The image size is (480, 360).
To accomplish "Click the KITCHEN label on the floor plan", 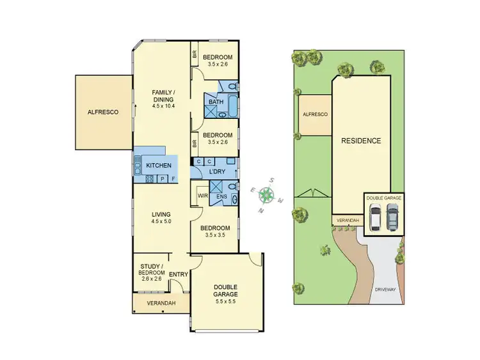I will (x=158, y=166).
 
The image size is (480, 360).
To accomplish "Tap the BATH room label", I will (x=216, y=102).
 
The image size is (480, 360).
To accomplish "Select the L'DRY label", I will (x=214, y=172).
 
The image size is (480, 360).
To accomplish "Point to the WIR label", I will (x=202, y=196).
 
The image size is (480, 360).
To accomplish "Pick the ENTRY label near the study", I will (x=179, y=274).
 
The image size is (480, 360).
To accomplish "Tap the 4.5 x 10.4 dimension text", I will (x=163, y=106).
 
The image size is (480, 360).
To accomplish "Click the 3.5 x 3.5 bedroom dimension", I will (x=214, y=235).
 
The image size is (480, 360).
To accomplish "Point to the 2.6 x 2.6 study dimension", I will (x=152, y=279).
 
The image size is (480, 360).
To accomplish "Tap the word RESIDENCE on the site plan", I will (x=360, y=141).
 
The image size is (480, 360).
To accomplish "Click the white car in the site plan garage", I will (x=376, y=219).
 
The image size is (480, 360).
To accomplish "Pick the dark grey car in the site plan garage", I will (x=392, y=219).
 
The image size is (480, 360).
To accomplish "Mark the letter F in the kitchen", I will (x=172, y=179).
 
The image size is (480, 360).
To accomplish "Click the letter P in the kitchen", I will (x=162, y=179).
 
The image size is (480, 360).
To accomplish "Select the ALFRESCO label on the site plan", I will (x=315, y=114).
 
